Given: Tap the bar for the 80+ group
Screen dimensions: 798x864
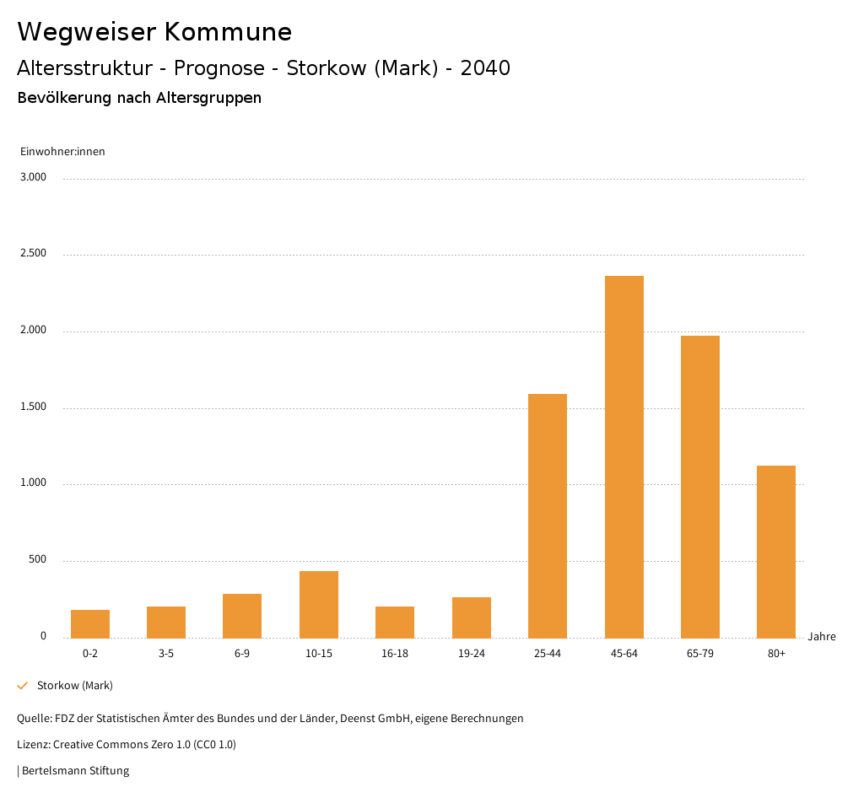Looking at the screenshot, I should [x=776, y=552].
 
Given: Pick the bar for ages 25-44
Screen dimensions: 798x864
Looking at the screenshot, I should [x=548, y=515].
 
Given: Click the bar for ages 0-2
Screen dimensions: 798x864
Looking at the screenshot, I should [x=90, y=623].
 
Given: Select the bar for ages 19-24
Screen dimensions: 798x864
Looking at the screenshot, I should [x=472, y=617].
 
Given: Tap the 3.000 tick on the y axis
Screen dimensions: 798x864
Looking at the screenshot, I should [x=34, y=177].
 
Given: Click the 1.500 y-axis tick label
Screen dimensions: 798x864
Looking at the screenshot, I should [x=34, y=407].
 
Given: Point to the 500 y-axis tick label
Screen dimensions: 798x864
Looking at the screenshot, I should [x=37, y=560].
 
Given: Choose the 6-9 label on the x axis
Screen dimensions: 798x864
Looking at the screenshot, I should [x=242, y=654].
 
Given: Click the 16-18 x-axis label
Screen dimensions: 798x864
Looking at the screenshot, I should [x=395, y=654].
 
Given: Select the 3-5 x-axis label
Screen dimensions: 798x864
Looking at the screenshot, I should [x=166, y=654].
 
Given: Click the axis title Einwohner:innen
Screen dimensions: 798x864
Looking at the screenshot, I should [x=62, y=152].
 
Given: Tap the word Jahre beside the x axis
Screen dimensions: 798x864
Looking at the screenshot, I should [x=822, y=637].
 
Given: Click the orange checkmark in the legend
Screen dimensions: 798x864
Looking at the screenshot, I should [x=23, y=685].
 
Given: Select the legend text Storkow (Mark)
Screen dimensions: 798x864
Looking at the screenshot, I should [x=75, y=685].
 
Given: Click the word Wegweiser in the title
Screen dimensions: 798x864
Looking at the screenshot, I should [x=86, y=32].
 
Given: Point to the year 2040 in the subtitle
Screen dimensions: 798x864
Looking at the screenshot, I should [x=485, y=68].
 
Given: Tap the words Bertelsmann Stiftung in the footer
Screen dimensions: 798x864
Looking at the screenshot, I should [x=75, y=770].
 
